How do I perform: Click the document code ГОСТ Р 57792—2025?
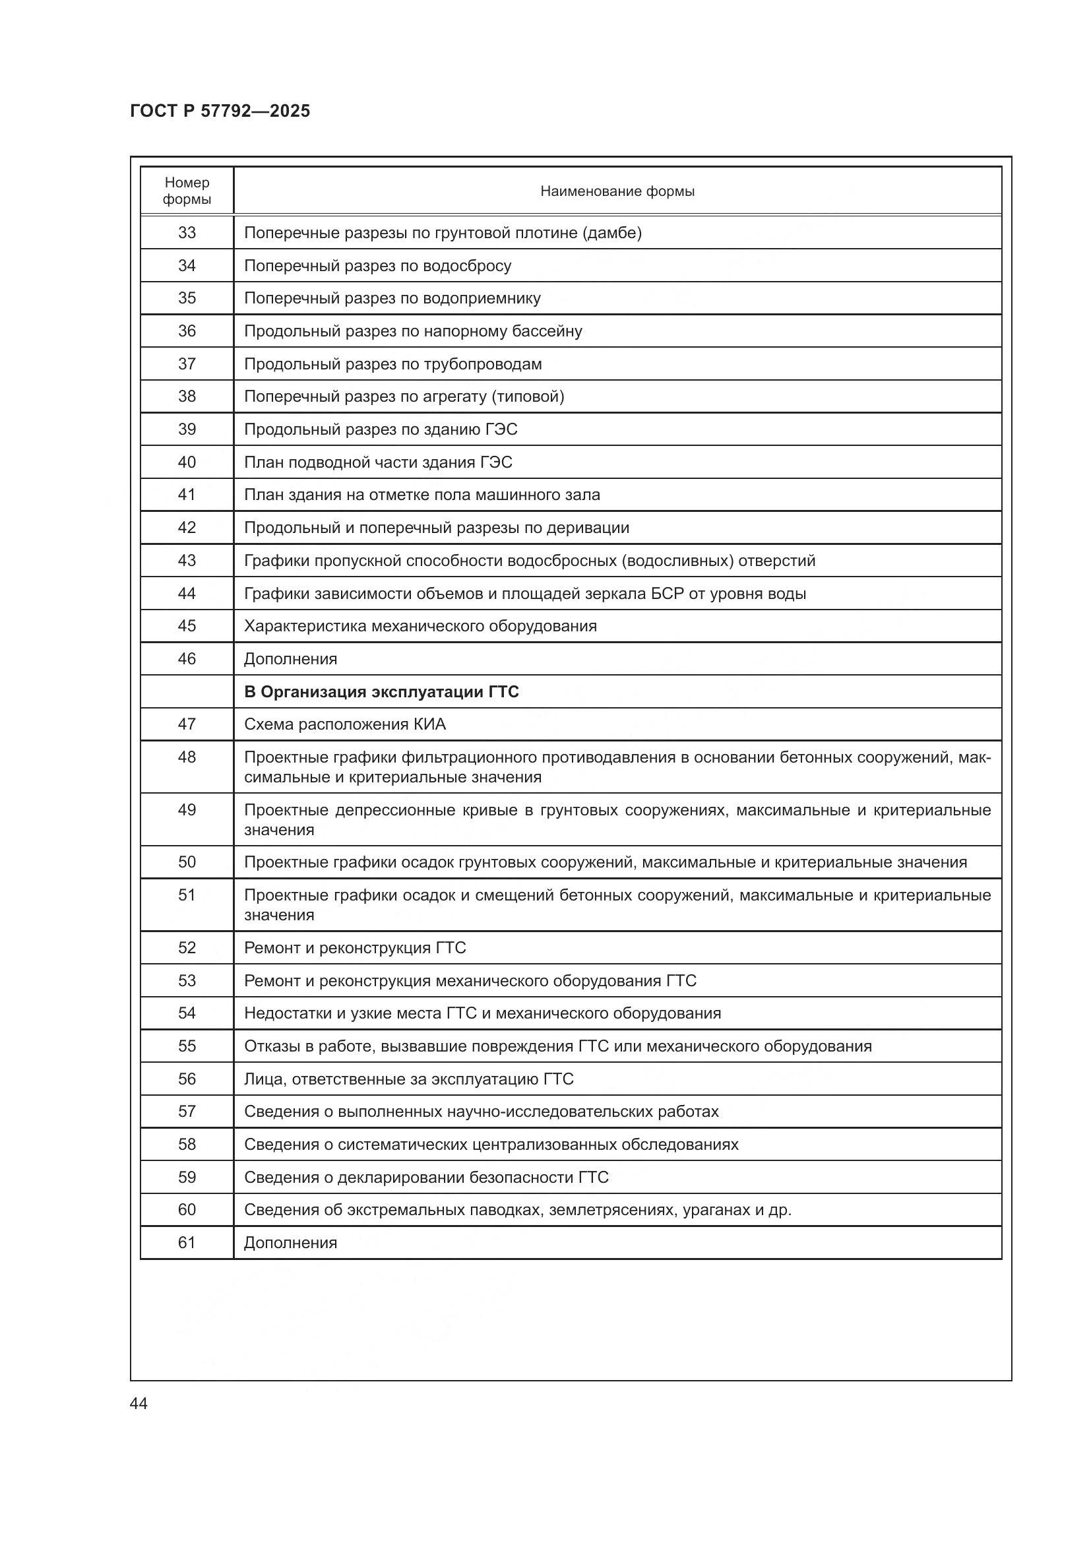pyautogui.click(x=220, y=111)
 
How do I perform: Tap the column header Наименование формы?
pyautogui.click(x=617, y=191)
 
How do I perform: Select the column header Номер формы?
pyautogui.click(x=187, y=191)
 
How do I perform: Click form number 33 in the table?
pyautogui.click(x=187, y=232)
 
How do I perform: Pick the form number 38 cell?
pyautogui.click(x=187, y=396)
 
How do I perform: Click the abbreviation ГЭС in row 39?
pyautogui.click(x=501, y=429)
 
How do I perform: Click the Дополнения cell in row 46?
pyautogui.click(x=290, y=659)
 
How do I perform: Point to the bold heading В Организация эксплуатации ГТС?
pyautogui.click(x=381, y=692)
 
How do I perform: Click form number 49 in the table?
pyautogui.click(x=187, y=810)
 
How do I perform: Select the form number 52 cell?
pyautogui.click(x=187, y=948)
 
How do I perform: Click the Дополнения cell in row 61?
pyautogui.click(x=290, y=1244)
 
